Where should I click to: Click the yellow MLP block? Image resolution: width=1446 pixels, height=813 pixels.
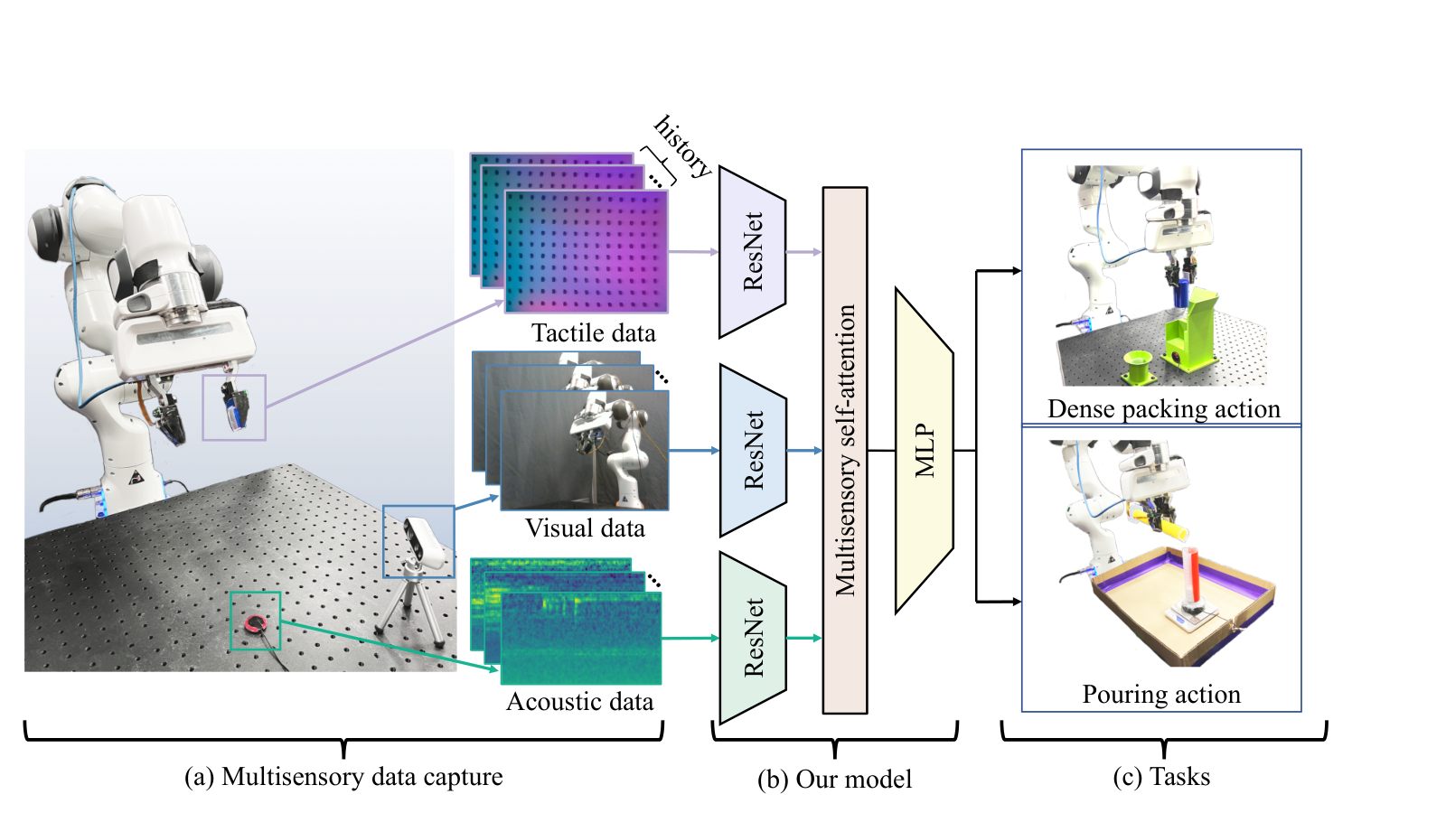[x=925, y=451]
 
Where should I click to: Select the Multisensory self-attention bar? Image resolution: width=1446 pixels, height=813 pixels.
[x=844, y=451]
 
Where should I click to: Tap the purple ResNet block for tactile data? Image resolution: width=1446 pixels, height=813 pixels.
[x=753, y=252]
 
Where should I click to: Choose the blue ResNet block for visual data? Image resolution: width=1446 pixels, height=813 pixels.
[x=753, y=451]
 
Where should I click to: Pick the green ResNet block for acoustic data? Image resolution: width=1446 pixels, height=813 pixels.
[x=753, y=638]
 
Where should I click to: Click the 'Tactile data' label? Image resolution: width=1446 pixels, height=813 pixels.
[x=593, y=333]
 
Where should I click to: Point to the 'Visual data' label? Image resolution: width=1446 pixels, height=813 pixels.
[x=585, y=528]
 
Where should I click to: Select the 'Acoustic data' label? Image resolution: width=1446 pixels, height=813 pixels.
[x=579, y=702]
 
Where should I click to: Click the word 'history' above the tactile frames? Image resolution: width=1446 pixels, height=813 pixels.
[x=683, y=147]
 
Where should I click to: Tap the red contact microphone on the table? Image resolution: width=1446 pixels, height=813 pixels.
[x=257, y=622]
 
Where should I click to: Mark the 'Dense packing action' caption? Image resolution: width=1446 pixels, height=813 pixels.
[x=1163, y=409]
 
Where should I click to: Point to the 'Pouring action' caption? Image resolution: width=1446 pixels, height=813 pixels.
[x=1161, y=695]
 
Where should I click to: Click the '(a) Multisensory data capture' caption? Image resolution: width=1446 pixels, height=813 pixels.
[x=343, y=777]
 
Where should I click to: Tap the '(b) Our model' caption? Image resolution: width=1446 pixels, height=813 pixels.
[x=835, y=780]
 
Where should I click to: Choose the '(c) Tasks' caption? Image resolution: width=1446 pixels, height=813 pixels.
[x=1161, y=777]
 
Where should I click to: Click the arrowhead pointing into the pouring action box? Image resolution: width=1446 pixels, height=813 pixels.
[x=1016, y=602]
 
